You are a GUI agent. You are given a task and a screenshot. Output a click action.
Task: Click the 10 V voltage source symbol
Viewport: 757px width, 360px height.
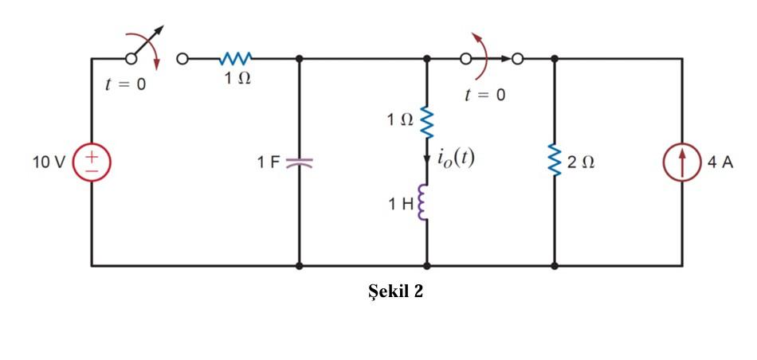92,162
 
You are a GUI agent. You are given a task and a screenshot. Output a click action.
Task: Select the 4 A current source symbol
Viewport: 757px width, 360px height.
682,162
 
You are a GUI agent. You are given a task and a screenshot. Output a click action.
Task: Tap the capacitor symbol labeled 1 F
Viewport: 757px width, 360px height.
299,162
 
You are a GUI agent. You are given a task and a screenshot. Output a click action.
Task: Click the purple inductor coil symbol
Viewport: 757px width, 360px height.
424,202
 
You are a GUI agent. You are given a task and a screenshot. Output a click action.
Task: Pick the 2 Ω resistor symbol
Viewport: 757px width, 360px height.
554,162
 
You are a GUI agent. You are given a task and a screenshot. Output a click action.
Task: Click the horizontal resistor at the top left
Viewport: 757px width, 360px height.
237,58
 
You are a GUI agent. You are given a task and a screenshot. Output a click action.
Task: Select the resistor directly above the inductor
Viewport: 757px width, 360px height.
426,121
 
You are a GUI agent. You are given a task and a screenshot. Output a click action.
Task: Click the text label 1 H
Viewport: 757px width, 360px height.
401,204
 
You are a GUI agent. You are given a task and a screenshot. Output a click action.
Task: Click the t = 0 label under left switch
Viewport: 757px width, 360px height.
126,85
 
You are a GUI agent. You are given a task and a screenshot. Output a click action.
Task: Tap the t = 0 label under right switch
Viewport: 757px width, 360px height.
484,96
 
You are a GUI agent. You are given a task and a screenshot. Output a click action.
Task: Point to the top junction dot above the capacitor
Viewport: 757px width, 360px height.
299,58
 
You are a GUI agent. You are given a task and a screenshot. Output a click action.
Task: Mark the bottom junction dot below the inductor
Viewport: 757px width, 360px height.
426,265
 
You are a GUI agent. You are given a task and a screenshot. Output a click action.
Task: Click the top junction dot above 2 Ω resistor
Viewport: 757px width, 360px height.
554,58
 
